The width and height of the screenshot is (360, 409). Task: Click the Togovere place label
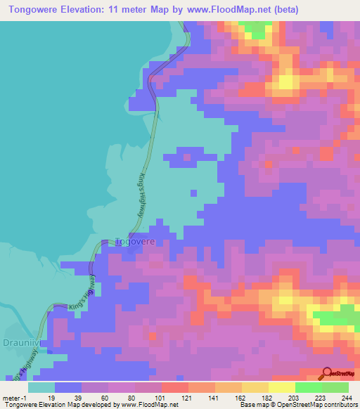click(x=134, y=241)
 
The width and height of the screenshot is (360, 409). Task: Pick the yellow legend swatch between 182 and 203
click(x=281, y=387)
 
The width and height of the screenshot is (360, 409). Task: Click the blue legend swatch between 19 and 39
click(x=68, y=387)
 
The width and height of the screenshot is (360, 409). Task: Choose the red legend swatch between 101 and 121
click(x=175, y=387)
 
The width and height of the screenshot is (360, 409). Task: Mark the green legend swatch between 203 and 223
click(x=308, y=387)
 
